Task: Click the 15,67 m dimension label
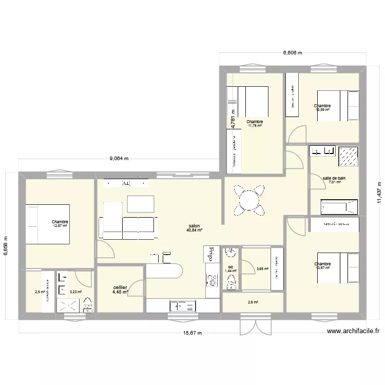[x=192, y=333]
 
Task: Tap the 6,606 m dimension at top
[x=293, y=52]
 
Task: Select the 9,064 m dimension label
[x=119, y=159]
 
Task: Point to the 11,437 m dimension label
[x=379, y=192]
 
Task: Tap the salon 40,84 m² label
[x=195, y=228]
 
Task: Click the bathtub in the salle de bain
[x=338, y=206]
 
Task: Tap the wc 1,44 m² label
[x=232, y=269]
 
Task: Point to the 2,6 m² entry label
[x=253, y=302]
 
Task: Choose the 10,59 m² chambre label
[x=323, y=108]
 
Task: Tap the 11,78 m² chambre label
[x=255, y=124]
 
